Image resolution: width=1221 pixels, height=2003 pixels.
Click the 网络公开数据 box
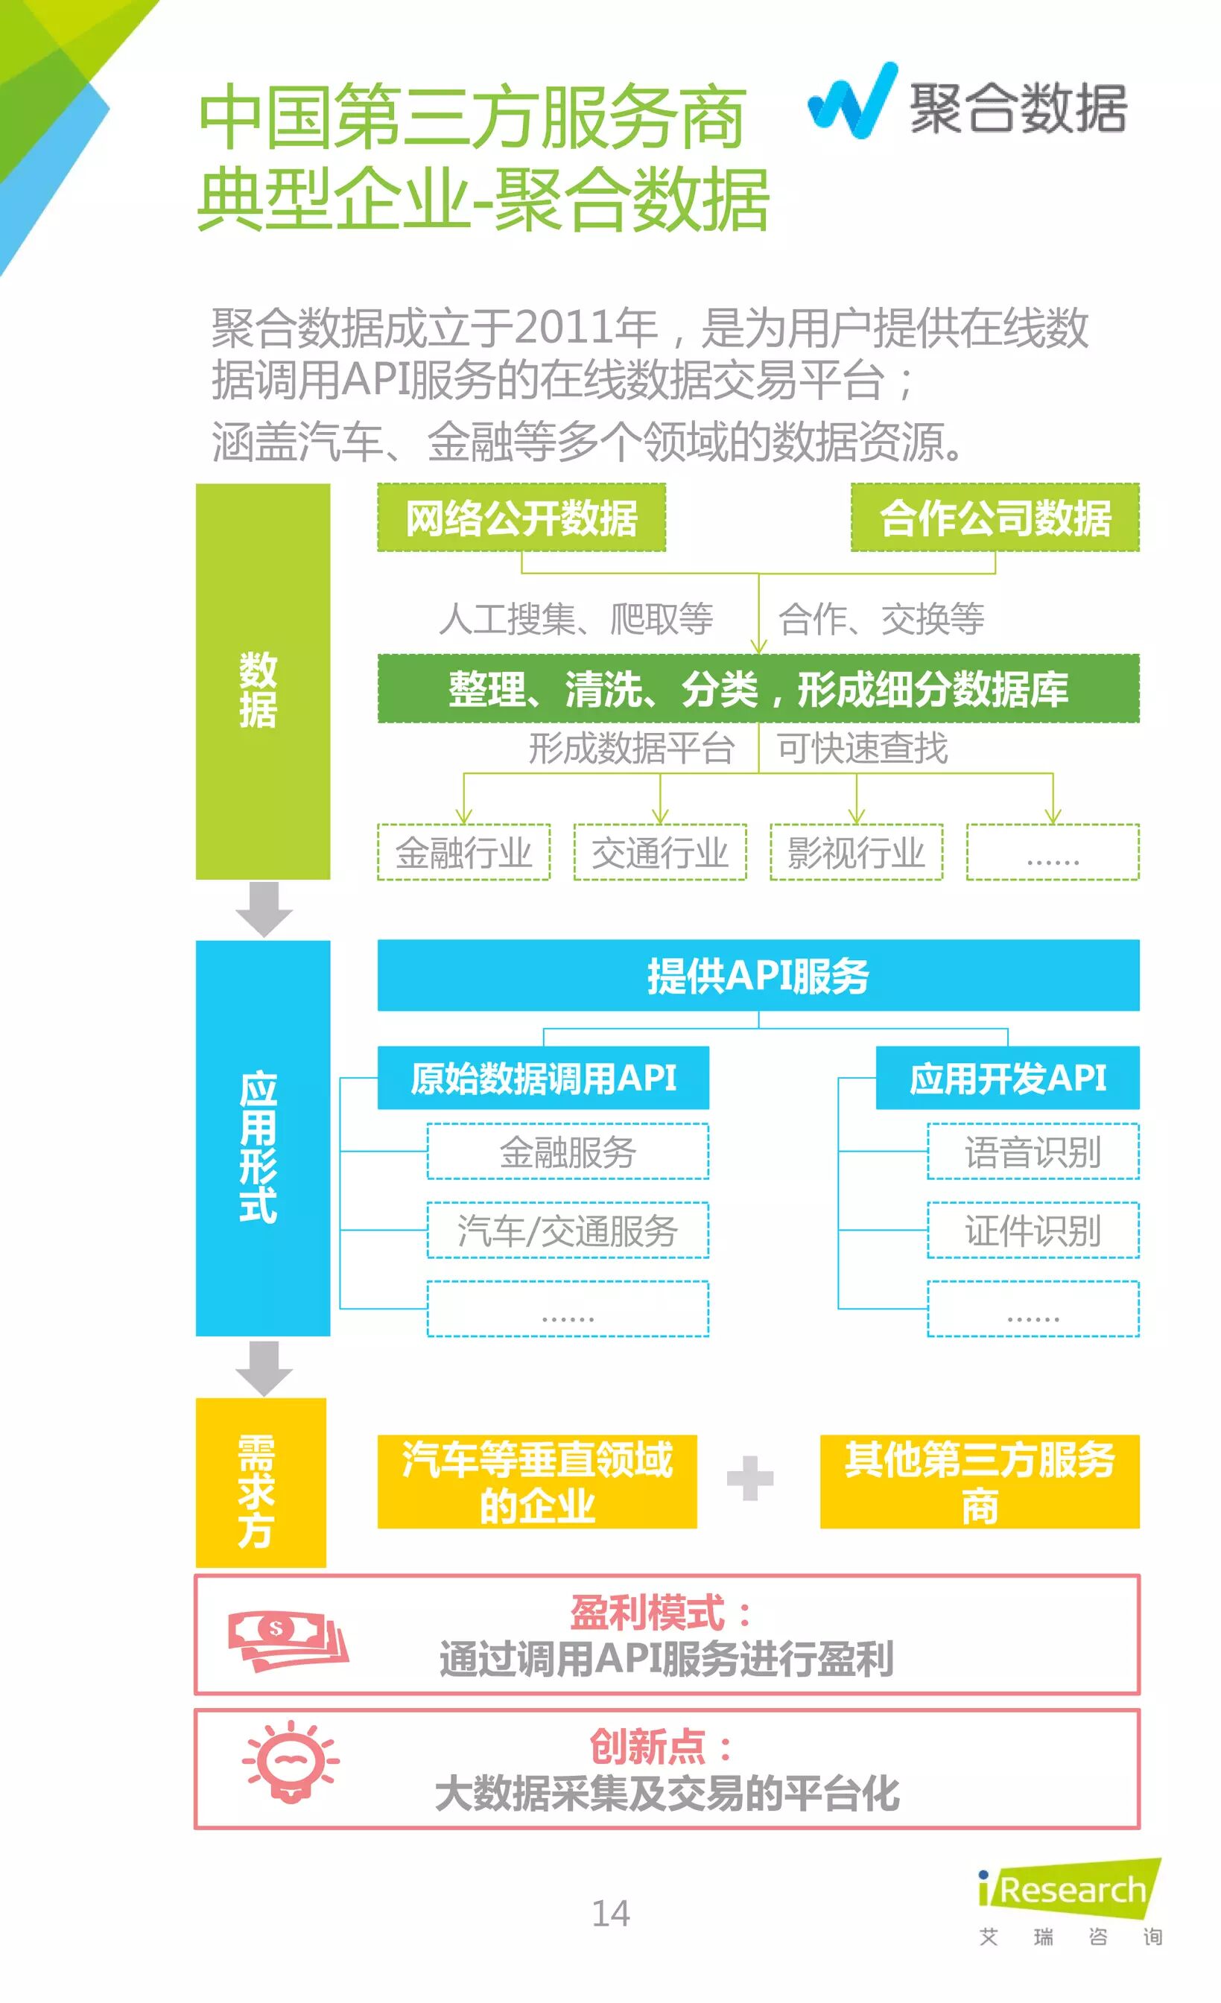pyautogui.click(x=521, y=518)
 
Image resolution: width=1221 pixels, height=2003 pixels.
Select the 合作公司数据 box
pyautogui.click(x=995, y=518)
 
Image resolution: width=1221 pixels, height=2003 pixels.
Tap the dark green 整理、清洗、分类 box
pyautogui.click(x=758, y=688)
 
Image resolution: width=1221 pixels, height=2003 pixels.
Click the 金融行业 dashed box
pyautogui.click(x=463, y=852)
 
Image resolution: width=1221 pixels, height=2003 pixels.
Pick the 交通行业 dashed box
pyautogui.click(x=659, y=852)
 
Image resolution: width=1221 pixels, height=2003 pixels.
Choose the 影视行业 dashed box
pyautogui.click(x=856, y=852)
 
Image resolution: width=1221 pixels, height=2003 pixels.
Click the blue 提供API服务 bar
pyautogui.click(x=758, y=976)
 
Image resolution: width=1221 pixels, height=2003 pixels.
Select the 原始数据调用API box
pyautogui.click(x=543, y=1078)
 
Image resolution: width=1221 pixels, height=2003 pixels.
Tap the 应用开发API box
pyautogui.click(x=1007, y=1078)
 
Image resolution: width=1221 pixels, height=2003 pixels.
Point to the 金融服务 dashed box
pyautogui.click(x=568, y=1151)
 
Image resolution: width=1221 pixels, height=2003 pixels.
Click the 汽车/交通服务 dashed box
pyautogui.click(x=568, y=1230)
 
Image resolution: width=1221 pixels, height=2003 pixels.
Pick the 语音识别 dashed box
pyautogui.click(x=1033, y=1151)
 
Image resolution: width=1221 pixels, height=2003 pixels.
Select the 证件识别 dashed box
pyautogui.click(x=1033, y=1230)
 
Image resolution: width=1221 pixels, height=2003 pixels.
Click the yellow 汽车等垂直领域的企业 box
pyautogui.click(x=536, y=1481)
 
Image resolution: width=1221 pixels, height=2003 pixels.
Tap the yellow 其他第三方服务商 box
pyautogui.click(x=979, y=1481)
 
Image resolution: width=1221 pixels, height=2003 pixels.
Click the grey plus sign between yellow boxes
pyautogui.click(x=749, y=1478)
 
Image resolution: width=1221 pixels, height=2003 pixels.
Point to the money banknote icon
pyautogui.click(x=287, y=1640)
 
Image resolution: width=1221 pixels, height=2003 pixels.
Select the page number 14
pyautogui.click(x=611, y=1913)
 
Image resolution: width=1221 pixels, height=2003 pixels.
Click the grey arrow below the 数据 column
pyautogui.click(x=264, y=910)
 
